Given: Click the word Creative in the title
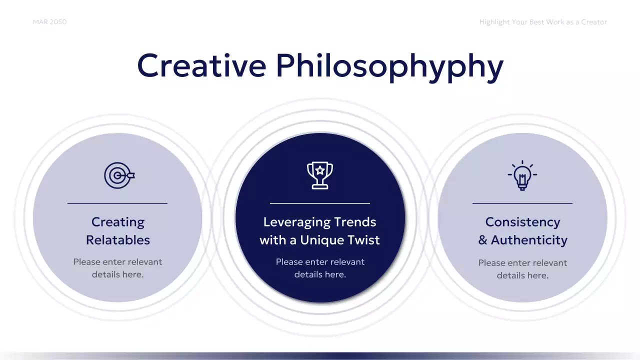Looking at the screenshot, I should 201,65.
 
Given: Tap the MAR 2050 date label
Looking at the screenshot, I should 49,22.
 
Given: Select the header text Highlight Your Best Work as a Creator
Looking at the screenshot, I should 542,22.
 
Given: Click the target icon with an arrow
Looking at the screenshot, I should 119,175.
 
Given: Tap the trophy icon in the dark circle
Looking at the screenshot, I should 320,175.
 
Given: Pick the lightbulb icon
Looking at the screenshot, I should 522,175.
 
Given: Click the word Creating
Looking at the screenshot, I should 117,222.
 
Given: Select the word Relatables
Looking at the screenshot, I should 117,240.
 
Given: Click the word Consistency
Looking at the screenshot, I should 522,222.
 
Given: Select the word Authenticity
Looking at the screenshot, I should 529,240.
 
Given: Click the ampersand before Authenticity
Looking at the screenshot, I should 482,240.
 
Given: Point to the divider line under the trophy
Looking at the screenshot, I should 320,203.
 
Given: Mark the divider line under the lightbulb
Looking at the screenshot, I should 522,203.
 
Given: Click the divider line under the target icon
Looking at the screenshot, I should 117,203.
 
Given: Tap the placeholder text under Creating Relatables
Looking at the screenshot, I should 117,268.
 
